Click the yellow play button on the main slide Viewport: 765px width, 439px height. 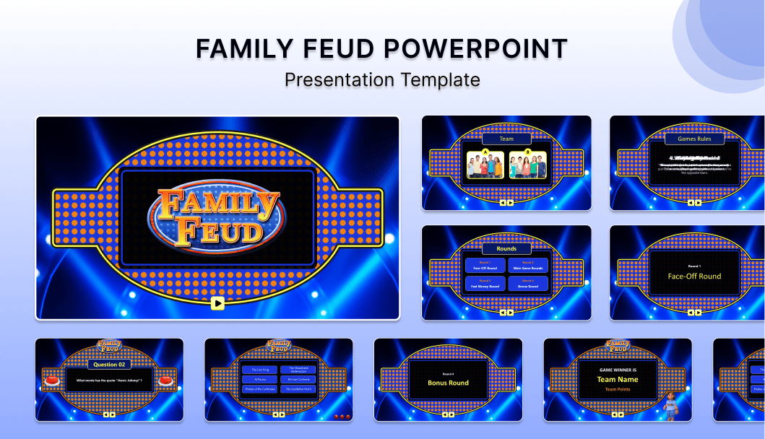tap(217, 303)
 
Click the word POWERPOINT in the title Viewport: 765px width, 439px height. tap(475, 49)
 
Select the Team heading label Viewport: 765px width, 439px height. tap(506, 139)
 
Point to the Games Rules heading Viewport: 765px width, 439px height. tap(694, 139)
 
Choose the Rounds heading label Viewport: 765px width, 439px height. tap(506, 248)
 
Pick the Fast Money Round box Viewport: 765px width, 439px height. tap(485, 284)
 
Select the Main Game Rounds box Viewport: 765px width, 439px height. tap(528, 266)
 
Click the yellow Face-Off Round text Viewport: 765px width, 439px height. tap(694, 277)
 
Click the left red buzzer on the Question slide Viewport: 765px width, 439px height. tap(52, 379)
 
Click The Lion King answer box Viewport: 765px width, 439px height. tap(260, 370)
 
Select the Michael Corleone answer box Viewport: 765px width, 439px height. tap(298, 379)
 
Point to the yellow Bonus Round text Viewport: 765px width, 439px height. tap(448, 383)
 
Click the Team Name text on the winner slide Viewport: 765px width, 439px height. tap(618, 380)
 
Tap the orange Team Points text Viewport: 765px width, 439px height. tap(618, 389)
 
